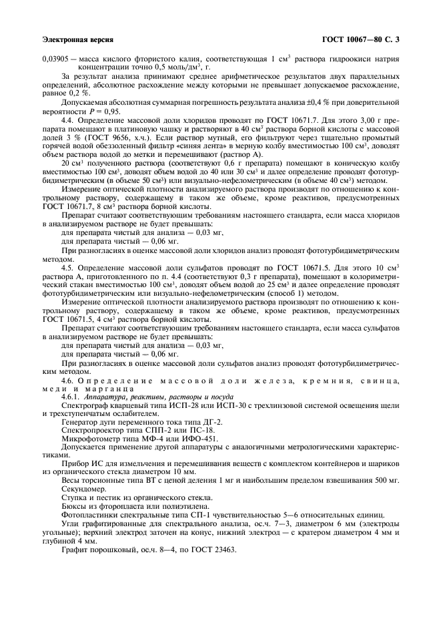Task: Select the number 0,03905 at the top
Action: click(x=56, y=59)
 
